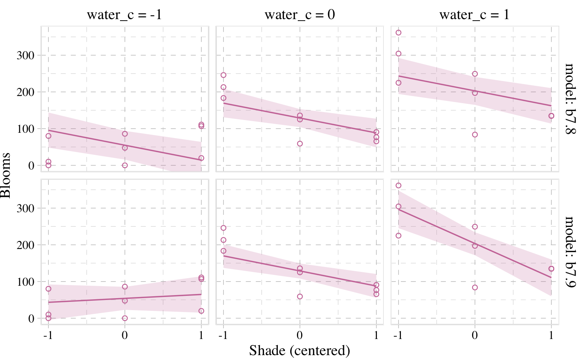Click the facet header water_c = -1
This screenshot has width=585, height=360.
124,15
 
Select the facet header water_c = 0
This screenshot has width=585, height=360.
300,15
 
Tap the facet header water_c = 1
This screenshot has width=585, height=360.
474,15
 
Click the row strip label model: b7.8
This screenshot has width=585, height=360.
570,99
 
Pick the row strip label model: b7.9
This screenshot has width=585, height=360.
570,252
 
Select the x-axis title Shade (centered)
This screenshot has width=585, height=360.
300,351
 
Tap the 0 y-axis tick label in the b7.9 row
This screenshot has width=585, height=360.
31,318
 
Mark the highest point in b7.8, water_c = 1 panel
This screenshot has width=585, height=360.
398,33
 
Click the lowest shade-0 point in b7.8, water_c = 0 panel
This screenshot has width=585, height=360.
300,144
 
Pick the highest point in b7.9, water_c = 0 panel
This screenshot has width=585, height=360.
223,228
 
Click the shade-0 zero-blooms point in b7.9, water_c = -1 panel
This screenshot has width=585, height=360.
124,318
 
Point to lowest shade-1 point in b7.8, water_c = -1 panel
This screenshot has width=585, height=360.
201,158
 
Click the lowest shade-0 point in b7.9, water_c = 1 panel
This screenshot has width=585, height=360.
475,288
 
